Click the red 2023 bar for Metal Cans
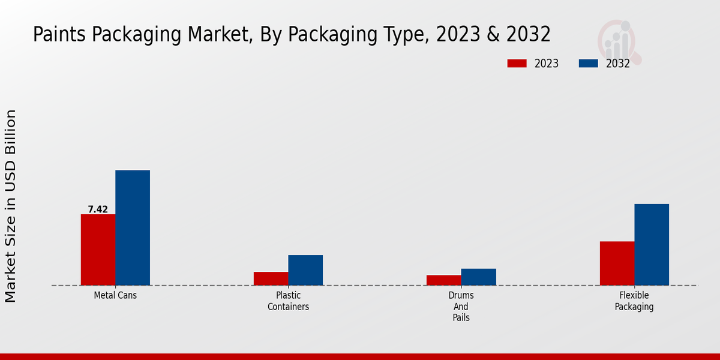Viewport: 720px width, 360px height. tap(98, 250)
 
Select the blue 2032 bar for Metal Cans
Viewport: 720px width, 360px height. tap(133, 227)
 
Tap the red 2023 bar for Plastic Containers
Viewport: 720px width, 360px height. tap(271, 278)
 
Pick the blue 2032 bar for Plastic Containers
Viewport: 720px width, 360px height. tap(305, 270)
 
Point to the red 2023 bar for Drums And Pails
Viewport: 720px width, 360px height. tap(443, 280)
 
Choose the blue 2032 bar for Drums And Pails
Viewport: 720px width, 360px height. tap(478, 277)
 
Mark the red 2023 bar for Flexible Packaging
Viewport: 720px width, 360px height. tap(617, 263)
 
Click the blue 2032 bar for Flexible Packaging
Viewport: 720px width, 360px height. tap(652, 244)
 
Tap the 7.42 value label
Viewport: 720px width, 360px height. tap(98, 209)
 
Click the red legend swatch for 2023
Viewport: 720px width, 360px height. tap(517, 64)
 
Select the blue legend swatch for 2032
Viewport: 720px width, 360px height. tap(588, 64)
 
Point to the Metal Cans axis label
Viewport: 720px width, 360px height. tap(115, 296)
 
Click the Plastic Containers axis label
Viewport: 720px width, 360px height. tap(288, 301)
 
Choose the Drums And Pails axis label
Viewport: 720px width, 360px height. tap(461, 307)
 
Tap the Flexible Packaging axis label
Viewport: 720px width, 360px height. tap(634, 301)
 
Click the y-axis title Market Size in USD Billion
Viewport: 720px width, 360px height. tap(11, 206)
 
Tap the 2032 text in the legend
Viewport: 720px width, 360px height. tap(617, 64)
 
